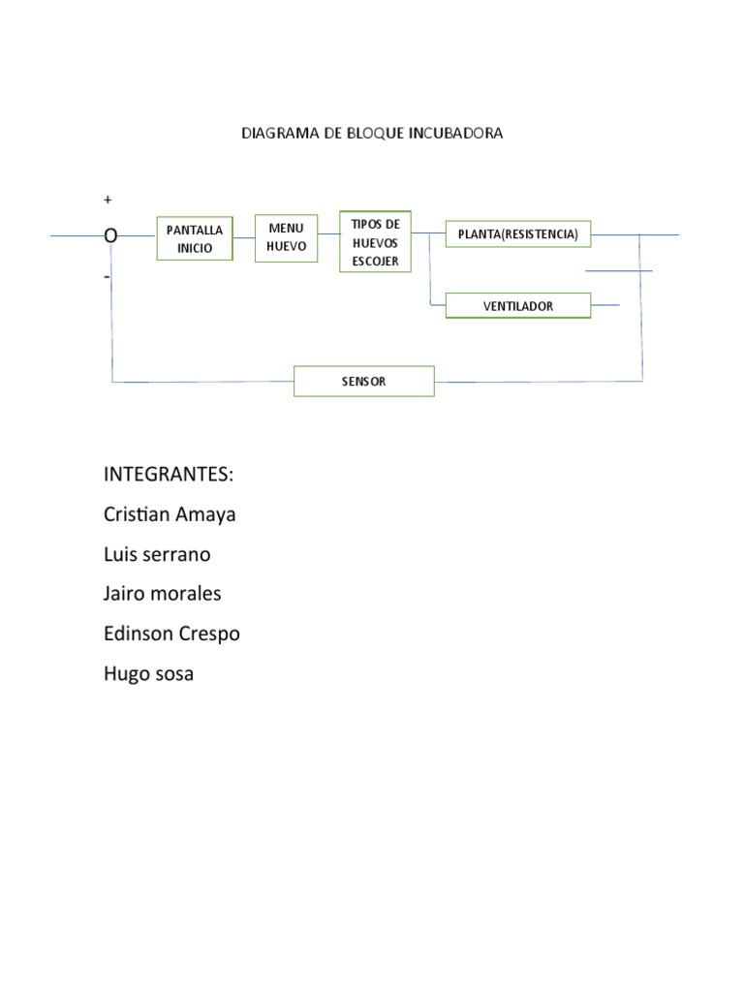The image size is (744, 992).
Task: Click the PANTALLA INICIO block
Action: click(195, 238)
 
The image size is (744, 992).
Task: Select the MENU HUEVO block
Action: click(286, 237)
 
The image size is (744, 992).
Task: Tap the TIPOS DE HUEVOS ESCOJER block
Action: click(375, 241)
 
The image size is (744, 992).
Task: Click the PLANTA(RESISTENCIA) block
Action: click(517, 234)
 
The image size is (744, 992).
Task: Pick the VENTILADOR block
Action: click(517, 306)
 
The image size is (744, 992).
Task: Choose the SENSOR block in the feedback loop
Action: click(363, 382)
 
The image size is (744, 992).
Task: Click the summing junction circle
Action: click(111, 235)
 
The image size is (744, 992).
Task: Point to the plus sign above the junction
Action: click(108, 200)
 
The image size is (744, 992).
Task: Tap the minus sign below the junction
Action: click(108, 277)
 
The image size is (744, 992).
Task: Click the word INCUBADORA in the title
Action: click(461, 134)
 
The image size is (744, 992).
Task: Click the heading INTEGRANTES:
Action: click(169, 476)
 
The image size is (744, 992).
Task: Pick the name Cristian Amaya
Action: click(170, 514)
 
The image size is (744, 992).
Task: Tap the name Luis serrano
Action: click(157, 554)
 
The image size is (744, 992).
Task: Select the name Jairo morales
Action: click(163, 594)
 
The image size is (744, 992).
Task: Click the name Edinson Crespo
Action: click(171, 634)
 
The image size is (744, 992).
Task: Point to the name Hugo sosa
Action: click(149, 673)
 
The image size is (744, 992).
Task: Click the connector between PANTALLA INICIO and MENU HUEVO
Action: click(244, 237)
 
